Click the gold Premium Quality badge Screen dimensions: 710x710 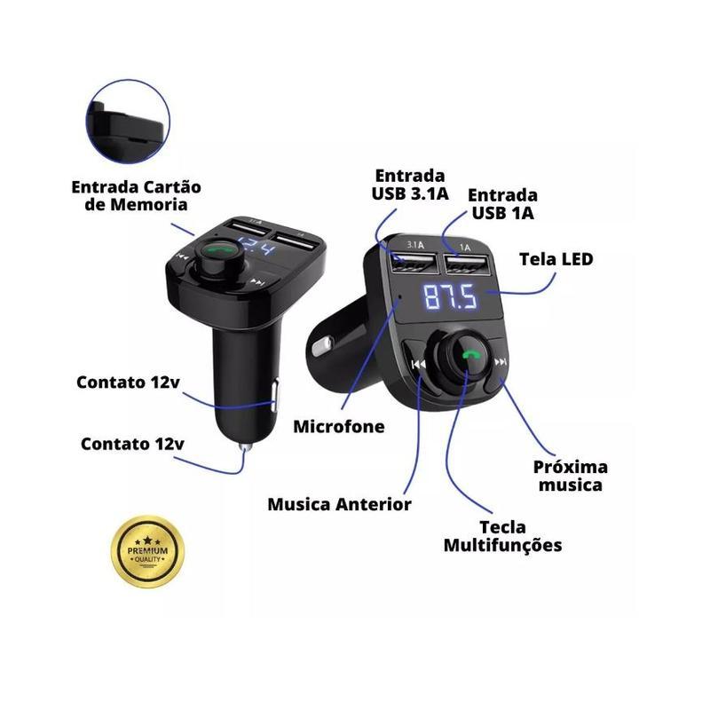147,551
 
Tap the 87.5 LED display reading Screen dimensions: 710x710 450,297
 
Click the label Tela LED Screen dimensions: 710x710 556,259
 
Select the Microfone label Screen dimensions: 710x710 339,427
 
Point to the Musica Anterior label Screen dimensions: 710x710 339,504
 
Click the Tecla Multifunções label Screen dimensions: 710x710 502,536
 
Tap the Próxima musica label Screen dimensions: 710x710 570,476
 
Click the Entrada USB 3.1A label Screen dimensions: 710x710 410,185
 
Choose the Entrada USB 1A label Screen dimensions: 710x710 502,204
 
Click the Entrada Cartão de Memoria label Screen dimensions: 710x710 136,195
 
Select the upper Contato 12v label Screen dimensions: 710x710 128,383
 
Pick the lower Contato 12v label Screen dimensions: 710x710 132,444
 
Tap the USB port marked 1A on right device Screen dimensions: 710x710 467,264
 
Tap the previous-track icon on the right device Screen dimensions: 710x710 418,364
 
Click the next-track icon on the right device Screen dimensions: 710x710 501,362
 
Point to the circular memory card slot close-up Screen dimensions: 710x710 128,122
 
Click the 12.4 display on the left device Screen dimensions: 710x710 256,247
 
